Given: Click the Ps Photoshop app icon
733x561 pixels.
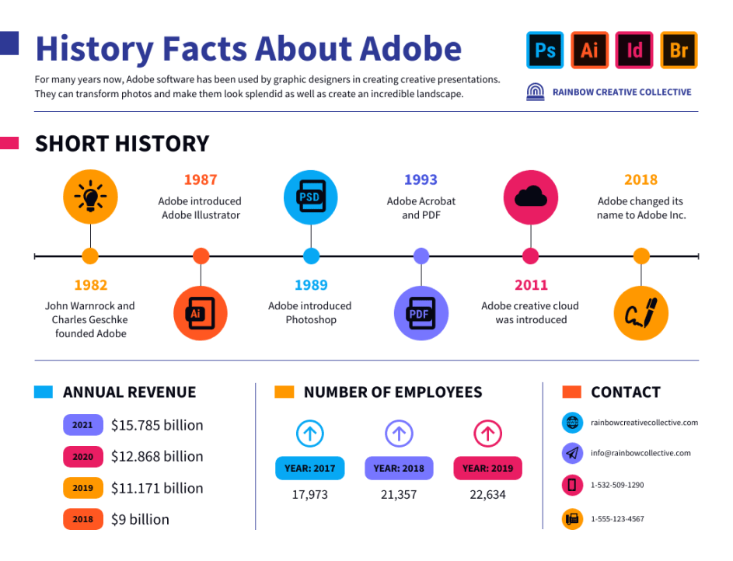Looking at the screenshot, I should pyautogui.click(x=545, y=51).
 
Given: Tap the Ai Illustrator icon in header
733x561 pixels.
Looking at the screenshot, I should pyautogui.click(x=590, y=51).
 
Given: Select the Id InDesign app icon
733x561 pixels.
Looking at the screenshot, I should pyautogui.click(x=634, y=51).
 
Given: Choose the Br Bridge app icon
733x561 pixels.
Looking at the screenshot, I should pyautogui.click(x=679, y=51).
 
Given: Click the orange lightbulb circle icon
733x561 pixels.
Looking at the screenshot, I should pyautogui.click(x=90, y=197).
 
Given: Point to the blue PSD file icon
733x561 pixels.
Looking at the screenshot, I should pyautogui.click(x=311, y=197).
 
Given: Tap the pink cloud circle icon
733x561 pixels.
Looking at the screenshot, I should pyautogui.click(x=531, y=197).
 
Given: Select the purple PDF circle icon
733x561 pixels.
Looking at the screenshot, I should pyautogui.click(x=421, y=313).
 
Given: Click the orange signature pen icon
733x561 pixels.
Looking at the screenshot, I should pyautogui.click(x=641, y=313).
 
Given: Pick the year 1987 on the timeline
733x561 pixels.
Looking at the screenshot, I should pyautogui.click(x=201, y=179).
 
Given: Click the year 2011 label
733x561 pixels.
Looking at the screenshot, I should pyautogui.click(x=531, y=285).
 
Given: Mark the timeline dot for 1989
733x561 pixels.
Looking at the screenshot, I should pyautogui.click(x=311, y=256).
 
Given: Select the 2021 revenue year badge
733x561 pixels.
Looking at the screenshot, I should pyautogui.click(x=82, y=425).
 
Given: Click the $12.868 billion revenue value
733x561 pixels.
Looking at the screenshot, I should pyautogui.click(x=157, y=457).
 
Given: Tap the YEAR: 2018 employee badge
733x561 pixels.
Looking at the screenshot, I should pyautogui.click(x=399, y=469).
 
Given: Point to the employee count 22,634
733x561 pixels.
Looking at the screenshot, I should pyautogui.click(x=487, y=495).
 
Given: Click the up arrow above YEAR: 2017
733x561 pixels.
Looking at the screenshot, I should pyautogui.click(x=310, y=434).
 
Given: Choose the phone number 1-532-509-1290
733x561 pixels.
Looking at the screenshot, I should pyautogui.click(x=617, y=486).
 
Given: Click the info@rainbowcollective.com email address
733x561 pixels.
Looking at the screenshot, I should pyautogui.click(x=641, y=453).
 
